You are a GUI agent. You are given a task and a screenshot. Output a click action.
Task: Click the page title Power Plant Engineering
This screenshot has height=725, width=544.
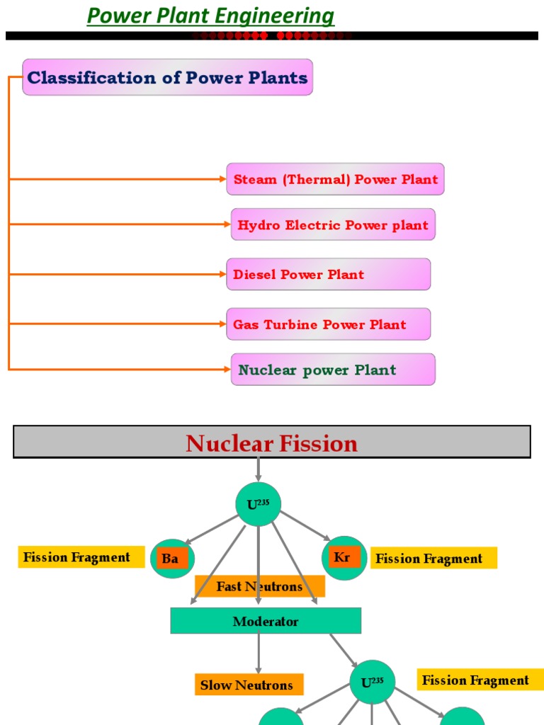[210, 16]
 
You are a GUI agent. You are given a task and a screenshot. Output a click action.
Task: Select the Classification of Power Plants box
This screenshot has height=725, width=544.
[167, 77]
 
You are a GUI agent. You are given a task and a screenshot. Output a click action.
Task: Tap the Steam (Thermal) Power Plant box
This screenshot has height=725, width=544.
[335, 179]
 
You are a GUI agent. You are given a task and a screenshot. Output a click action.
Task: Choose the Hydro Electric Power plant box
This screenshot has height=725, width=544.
[333, 225]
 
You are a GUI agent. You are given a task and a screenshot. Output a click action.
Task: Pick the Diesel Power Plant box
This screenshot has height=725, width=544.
[328, 274]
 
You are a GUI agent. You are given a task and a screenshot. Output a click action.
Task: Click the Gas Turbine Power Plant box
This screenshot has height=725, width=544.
[328, 324]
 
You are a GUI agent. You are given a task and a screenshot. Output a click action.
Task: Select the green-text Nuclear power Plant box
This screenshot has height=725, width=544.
[333, 370]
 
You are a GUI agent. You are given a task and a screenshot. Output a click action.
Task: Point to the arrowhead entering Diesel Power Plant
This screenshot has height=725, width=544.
[222, 274]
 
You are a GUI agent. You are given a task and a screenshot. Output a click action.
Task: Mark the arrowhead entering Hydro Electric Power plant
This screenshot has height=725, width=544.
[226, 224]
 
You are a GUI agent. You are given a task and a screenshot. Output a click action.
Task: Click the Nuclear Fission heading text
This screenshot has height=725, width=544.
[271, 444]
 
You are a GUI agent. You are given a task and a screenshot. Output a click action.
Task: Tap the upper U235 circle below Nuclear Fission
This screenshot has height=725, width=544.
[258, 504]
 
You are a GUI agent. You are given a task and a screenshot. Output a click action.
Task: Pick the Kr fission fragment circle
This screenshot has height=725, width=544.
[344, 557]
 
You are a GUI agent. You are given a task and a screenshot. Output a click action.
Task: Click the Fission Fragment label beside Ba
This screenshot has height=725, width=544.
[76, 557]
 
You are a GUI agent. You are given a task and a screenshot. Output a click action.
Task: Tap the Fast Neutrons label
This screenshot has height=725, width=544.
[259, 586]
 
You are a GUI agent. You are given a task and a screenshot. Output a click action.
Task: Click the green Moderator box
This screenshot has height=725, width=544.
[266, 621]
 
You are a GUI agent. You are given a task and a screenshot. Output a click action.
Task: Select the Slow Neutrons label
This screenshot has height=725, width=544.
[249, 685]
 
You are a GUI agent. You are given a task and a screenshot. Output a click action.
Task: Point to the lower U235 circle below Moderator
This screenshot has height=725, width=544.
[373, 683]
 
